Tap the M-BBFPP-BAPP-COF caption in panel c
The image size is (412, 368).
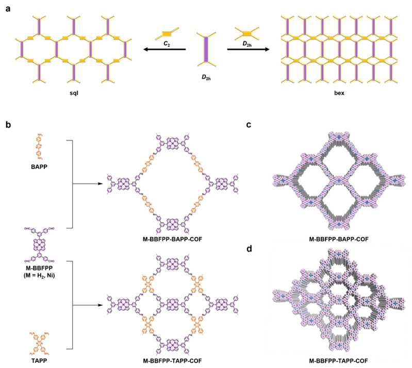click(x=337, y=239)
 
